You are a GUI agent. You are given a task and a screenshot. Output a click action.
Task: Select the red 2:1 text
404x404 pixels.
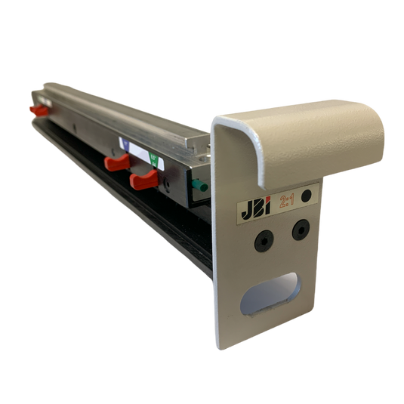click(x=287, y=200)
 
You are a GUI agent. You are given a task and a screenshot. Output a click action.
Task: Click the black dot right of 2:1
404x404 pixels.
click(x=307, y=196)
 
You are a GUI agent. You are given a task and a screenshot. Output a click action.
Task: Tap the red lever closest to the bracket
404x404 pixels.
click(x=141, y=179)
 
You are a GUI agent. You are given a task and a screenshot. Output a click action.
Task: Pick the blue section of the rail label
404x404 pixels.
click(x=125, y=146)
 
